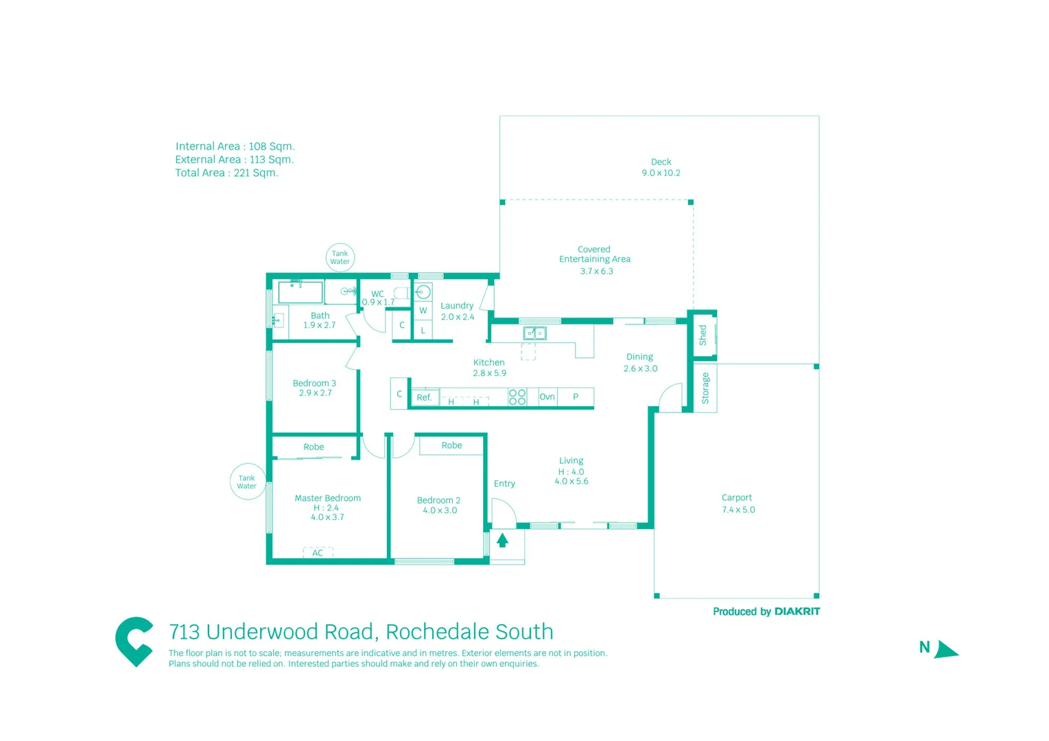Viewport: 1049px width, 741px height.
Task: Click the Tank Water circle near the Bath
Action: click(x=340, y=257)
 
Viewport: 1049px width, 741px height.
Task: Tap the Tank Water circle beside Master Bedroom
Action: click(x=247, y=482)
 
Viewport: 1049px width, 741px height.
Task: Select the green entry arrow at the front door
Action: click(x=502, y=541)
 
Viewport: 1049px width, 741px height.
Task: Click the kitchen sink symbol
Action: click(x=534, y=333)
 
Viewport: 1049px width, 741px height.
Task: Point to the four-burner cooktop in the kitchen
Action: click(x=517, y=397)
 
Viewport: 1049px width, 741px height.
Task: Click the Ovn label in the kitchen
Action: click(x=547, y=397)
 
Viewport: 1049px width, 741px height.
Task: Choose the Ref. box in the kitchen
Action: click(x=425, y=397)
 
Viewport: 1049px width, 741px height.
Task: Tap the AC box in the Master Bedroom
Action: click(x=318, y=552)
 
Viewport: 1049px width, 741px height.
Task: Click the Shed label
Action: click(x=703, y=335)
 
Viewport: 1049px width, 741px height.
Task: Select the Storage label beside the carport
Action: click(x=705, y=388)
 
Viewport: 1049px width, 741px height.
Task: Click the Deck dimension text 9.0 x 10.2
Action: click(x=661, y=173)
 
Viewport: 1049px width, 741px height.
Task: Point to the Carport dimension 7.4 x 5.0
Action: click(x=738, y=510)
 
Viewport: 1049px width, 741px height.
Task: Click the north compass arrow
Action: click(x=945, y=649)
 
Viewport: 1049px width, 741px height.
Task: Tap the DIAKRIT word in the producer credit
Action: click(x=797, y=611)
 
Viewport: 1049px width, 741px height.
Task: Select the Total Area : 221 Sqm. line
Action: click(x=226, y=173)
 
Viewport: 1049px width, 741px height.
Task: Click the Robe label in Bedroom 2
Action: click(x=451, y=445)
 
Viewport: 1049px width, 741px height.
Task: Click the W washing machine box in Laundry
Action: click(x=423, y=311)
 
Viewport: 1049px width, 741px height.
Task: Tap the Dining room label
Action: click(x=639, y=357)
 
